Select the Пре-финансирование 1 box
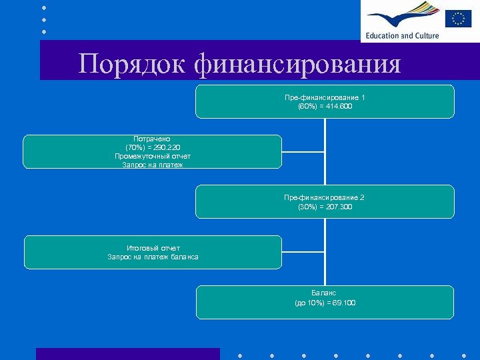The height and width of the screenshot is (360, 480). pyautogui.click(x=325, y=101)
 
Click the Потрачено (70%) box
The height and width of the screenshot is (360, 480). pyautogui.click(x=153, y=151)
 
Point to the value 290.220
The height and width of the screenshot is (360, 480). pyautogui.click(x=165, y=147)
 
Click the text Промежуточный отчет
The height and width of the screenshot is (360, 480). pyautogui.click(x=153, y=156)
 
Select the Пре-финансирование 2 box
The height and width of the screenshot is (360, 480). pyautogui.click(x=325, y=201)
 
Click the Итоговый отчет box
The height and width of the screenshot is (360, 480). pyautogui.click(x=153, y=252)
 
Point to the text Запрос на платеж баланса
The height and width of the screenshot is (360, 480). pyautogui.click(x=153, y=257)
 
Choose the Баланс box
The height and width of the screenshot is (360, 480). pyautogui.click(x=325, y=302)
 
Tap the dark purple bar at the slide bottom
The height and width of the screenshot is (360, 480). pyautogui.click(x=127, y=354)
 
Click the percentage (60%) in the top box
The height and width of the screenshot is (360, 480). pyautogui.click(x=307, y=107)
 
